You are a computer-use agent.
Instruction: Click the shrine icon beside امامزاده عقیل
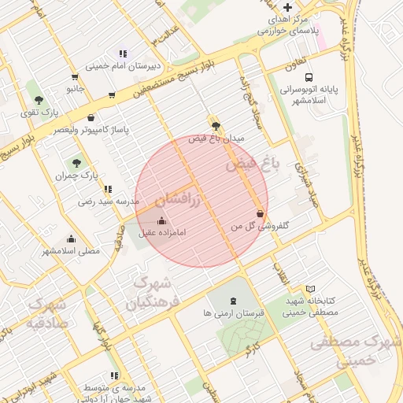[162, 220]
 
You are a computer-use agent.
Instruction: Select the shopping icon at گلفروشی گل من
[260, 213]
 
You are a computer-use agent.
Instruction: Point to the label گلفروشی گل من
[259, 226]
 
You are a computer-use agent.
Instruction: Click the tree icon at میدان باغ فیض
[216, 125]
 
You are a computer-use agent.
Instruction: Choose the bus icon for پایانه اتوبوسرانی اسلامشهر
[309, 78]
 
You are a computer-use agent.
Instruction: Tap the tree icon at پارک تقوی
[39, 99]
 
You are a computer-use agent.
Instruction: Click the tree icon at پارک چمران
[76, 163]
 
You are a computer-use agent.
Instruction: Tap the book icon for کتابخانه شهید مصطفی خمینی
[310, 289]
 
